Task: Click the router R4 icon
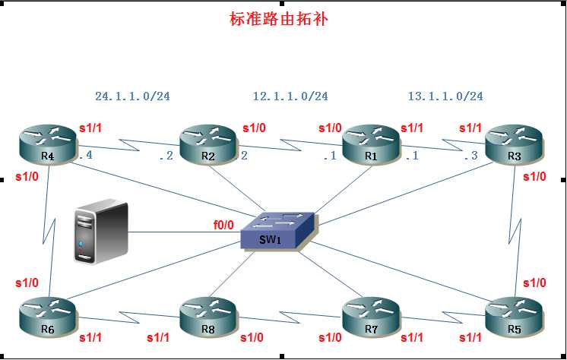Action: click(48, 145)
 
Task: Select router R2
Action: click(208, 144)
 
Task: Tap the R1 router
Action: click(371, 144)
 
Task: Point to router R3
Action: click(514, 144)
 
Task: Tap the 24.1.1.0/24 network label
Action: click(132, 96)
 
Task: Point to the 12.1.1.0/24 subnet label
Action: click(290, 96)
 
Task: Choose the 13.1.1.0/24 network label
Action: click(445, 96)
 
